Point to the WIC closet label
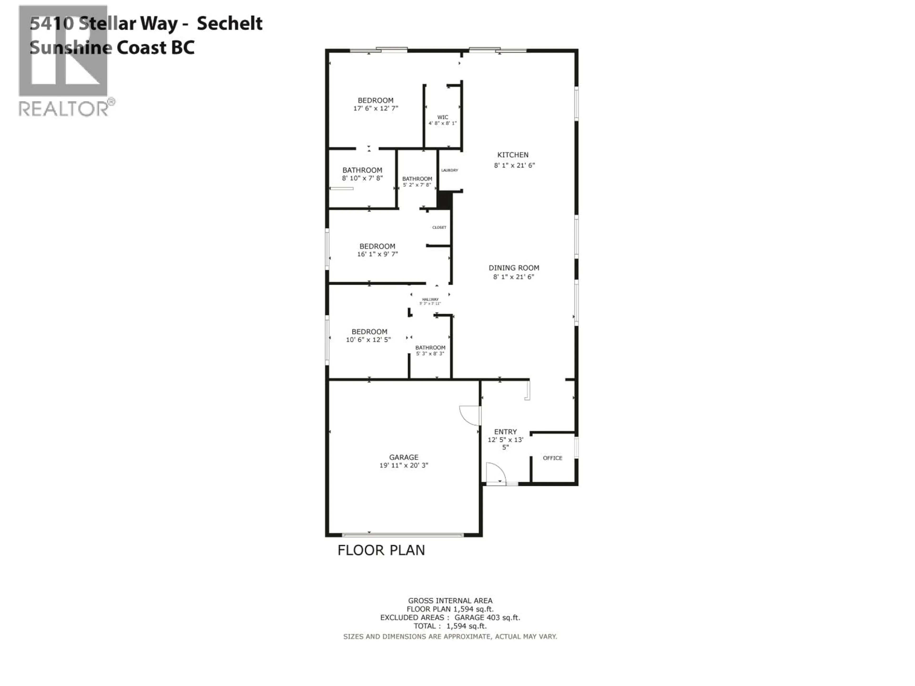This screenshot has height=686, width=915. [443, 117]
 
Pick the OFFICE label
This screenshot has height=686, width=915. [552, 458]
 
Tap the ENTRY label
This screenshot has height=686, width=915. [505, 431]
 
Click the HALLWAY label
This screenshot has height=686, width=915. [430, 299]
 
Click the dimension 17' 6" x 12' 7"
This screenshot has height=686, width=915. [376, 108]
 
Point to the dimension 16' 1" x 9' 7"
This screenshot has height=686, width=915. [377, 254]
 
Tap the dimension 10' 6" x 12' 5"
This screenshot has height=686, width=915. [368, 339]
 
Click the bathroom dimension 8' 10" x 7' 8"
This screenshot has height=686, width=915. [362, 178]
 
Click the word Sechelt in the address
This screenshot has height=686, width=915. [229, 23]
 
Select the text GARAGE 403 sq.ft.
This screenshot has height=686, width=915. [487, 617]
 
